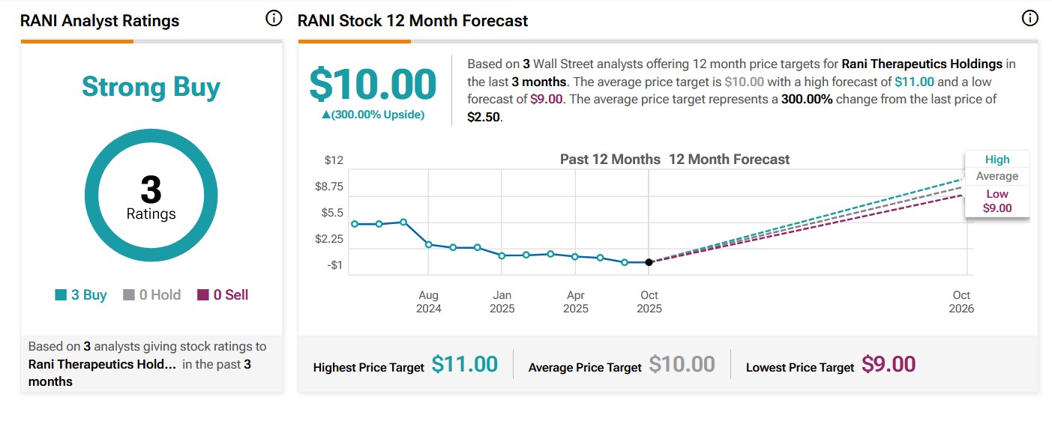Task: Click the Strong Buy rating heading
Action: pyautogui.click(x=151, y=87)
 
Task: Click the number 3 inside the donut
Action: pyautogui.click(x=151, y=190)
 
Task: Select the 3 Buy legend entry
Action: pyautogui.click(x=81, y=295)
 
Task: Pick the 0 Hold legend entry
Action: pyautogui.click(x=152, y=295)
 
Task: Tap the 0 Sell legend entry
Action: pyautogui.click(x=223, y=295)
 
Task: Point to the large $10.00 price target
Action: pyautogui.click(x=373, y=84)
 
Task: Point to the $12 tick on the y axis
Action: pyautogui.click(x=334, y=160)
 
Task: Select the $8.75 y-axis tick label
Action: pyautogui.click(x=329, y=187)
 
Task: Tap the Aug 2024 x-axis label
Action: pyautogui.click(x=429, y=302)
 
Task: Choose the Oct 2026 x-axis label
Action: pyautogui.click(x=961, y=302)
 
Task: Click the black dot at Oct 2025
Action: pyautogui.click(x=649, y=262)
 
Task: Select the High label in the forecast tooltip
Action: pyautogui.click(x=997, y=160)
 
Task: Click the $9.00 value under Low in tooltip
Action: pyautogui.click(x=997, y=208)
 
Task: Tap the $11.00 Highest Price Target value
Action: pyautogui.click(x=465, y=365)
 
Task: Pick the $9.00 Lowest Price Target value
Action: pyautogui.click(x=889, y=365)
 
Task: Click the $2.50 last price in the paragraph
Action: pyautogui.click(x=483, y=118)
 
